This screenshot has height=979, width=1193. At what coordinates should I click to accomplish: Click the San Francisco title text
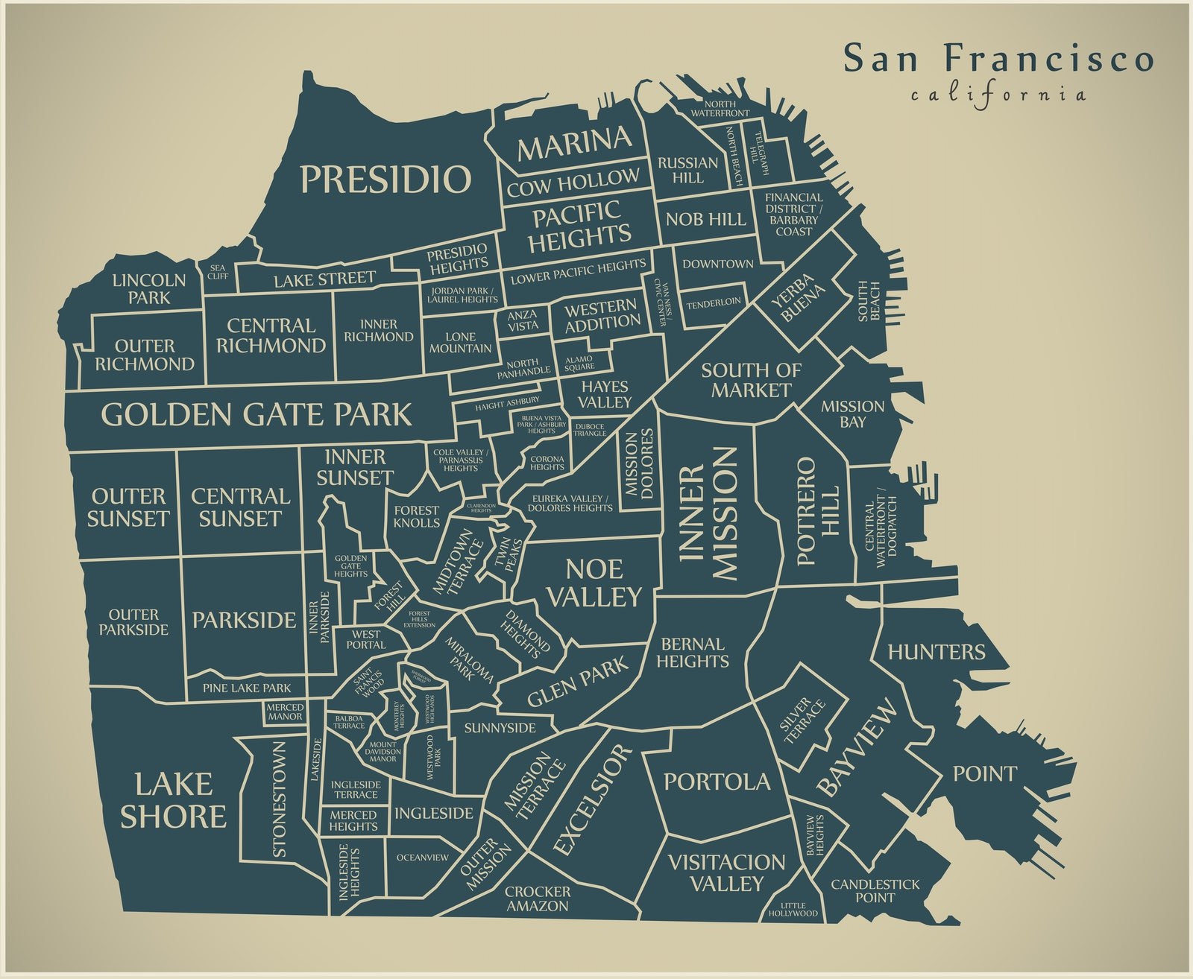(x=998, y=59)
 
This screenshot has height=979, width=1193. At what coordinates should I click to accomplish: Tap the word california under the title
(x=998, y=95)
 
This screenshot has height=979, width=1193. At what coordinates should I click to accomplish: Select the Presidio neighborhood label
(x=385, y=179)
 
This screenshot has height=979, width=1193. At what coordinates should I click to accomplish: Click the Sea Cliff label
(x=218, y=271)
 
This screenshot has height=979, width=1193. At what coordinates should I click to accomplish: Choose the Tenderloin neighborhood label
(x=714, y=302)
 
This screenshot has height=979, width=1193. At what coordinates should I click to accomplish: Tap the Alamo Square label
(x=579, y=363)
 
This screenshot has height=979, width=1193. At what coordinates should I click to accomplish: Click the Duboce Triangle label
(x=590, y=430)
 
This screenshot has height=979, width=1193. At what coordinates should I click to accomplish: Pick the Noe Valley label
(x=594, y=583)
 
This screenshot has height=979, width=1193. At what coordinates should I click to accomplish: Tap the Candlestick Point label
(x=875, y=890)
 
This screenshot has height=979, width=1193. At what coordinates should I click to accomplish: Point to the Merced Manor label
(x=285, y=712)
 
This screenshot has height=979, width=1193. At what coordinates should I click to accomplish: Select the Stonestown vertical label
(x=280, y=799)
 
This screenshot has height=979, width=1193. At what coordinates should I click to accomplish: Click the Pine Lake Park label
(x=247, y=688)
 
